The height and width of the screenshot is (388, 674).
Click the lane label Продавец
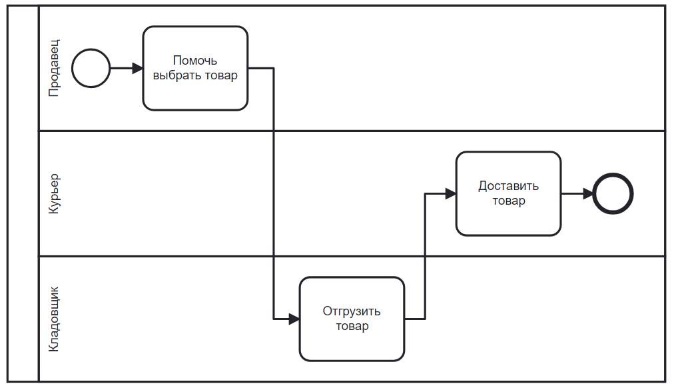(x=54, y=68)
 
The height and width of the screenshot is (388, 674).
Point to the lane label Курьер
(x=54, y=193)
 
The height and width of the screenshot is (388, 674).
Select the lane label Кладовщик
(x=54, y=319)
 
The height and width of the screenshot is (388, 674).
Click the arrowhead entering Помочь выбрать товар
(x=138, y=68)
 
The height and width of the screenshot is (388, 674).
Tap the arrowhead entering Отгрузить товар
(x=294, y=319)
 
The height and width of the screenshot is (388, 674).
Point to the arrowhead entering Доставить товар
(x=451, y=193)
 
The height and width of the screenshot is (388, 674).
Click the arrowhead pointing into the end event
(x=588, y=193)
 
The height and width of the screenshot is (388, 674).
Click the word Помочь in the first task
(x=195, y=61)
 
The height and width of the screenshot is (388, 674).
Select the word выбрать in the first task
(x=177, y=75)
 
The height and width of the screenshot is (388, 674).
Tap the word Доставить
(x=509, y=186)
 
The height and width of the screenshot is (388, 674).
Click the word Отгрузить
(x=352, y=311)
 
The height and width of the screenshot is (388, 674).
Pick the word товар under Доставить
(x=509, y=201)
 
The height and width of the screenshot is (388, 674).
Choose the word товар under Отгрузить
(x=352, y=326)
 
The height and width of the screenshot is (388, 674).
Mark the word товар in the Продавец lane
(x=221, y=75)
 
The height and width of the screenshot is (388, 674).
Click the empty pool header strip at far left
(x=23, y=193)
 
